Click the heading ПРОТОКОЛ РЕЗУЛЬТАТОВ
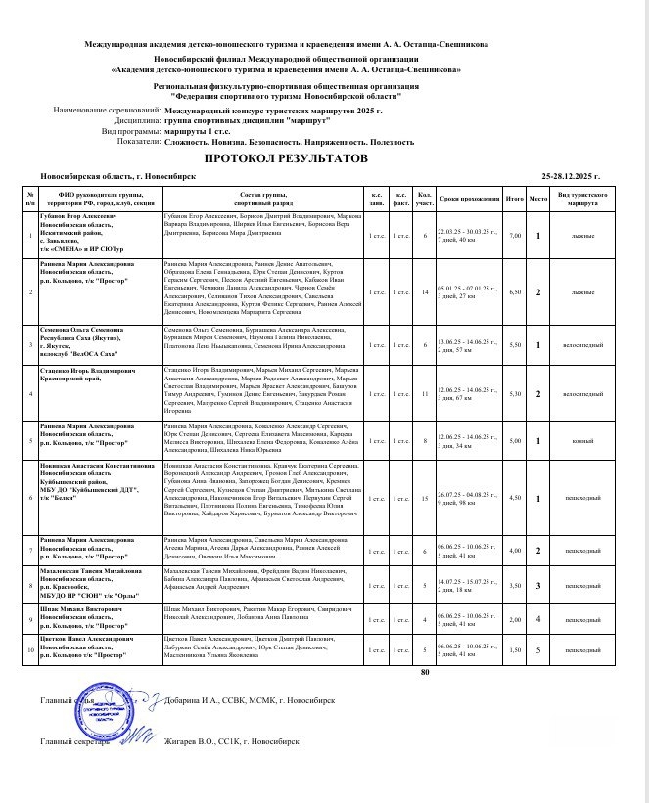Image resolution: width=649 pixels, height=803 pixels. coord(285,156)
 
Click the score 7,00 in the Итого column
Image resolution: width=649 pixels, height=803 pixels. coord(515,236)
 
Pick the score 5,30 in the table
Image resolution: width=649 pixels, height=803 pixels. coord(515,393)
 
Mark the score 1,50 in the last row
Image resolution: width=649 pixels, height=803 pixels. coord(515,649)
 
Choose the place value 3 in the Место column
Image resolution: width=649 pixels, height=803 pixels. coord(538,586)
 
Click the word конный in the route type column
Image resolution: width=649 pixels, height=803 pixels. coord(584,441)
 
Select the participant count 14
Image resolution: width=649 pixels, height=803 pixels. coord(425,291)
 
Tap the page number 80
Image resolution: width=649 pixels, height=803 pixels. coord(424,673)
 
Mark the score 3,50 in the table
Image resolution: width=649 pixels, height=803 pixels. coord(515,586)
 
